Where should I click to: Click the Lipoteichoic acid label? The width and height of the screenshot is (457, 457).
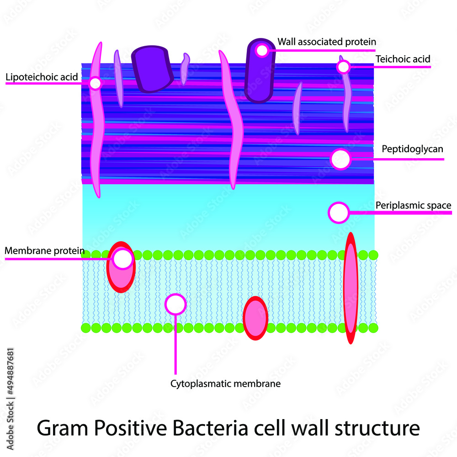(x=42, y=77)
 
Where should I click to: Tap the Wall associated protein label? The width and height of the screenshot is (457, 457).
(x=327, y=42)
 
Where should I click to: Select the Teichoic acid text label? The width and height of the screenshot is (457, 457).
(x=403, y=59)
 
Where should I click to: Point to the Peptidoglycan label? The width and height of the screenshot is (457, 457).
(x=412, y=149)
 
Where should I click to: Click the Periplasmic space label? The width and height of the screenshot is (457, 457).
(x=413, y=206)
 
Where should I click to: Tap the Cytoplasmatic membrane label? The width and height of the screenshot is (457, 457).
(x=225, y=383)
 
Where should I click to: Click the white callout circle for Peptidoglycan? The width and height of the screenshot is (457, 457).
(x=340, y=159)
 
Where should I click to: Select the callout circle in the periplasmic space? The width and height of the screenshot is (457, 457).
(x=339, y=213)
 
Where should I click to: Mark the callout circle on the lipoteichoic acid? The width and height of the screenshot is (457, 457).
(x=95, y=83)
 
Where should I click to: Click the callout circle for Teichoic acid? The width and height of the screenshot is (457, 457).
(x=343, y=67)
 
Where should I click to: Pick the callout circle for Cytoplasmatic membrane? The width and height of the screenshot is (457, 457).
(x=175, y=304)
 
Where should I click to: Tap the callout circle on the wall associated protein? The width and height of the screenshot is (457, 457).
(x=262, y=50)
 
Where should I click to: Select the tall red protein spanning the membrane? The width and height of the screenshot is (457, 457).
(x=351, y=288)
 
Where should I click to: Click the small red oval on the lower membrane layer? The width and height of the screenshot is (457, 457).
(x=255, y=318)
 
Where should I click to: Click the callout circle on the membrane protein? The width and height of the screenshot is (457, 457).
(x=122, y=259)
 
